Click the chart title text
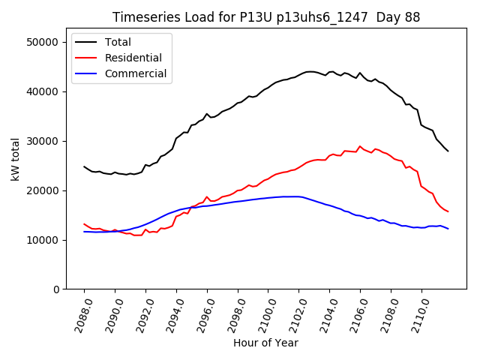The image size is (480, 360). point(266,17)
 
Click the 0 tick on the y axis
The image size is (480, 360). point(55,289)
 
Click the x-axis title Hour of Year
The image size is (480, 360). point(265,343)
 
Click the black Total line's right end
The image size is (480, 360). point(448,151)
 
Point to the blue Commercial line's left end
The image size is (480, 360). point(84,232)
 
